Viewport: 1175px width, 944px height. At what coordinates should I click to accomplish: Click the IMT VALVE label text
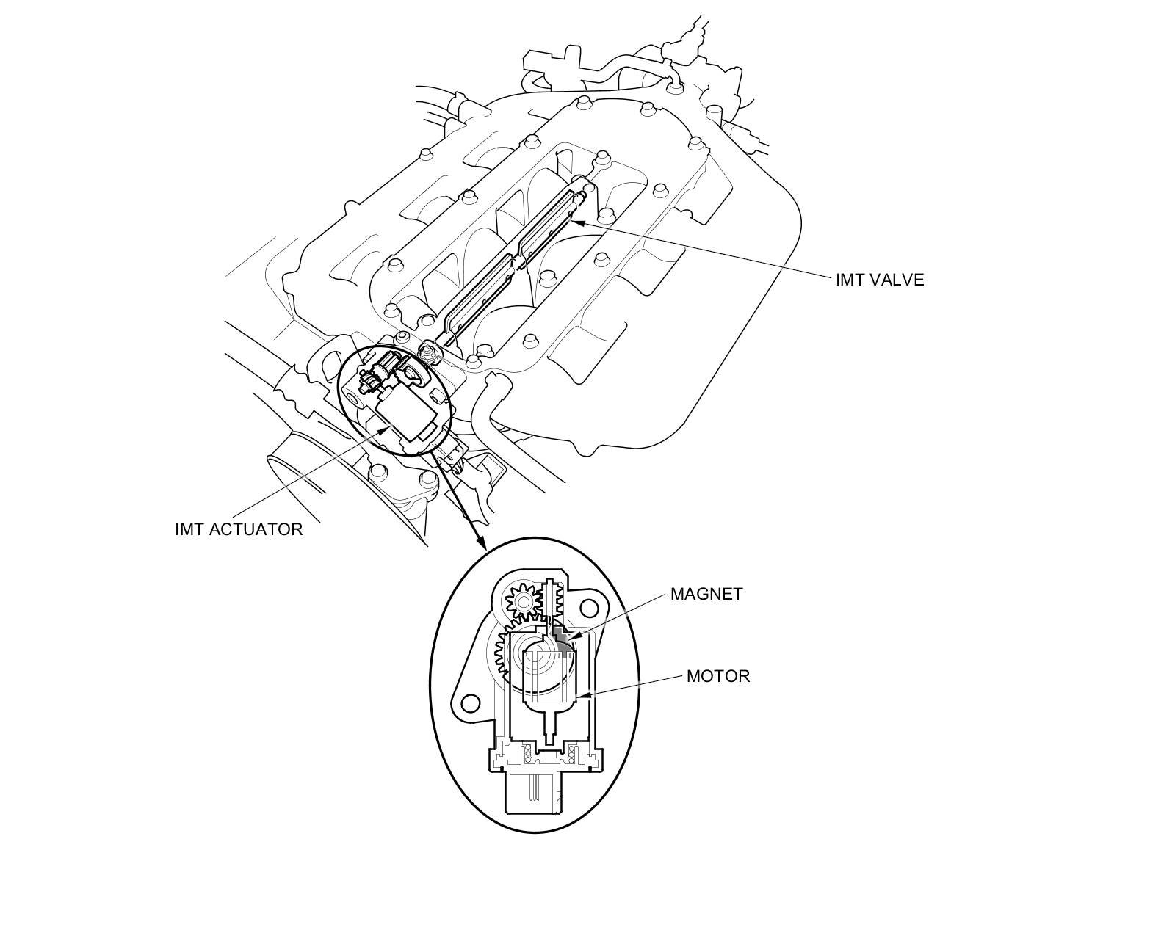coord(879,280)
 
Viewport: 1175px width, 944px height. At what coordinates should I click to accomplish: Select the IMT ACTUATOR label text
coord(239,529)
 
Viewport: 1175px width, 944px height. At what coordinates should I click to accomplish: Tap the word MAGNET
coord(706,594)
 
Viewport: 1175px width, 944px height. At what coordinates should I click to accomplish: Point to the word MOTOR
coord(717,676)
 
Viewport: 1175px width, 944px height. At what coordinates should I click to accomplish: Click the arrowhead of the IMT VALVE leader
coord(574,222)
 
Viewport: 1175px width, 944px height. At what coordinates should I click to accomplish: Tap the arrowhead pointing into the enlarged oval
coord(481,544)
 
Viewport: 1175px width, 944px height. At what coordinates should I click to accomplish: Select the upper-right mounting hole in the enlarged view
coord(589,609)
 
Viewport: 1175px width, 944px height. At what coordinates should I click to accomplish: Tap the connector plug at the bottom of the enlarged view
coord(543,793)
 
